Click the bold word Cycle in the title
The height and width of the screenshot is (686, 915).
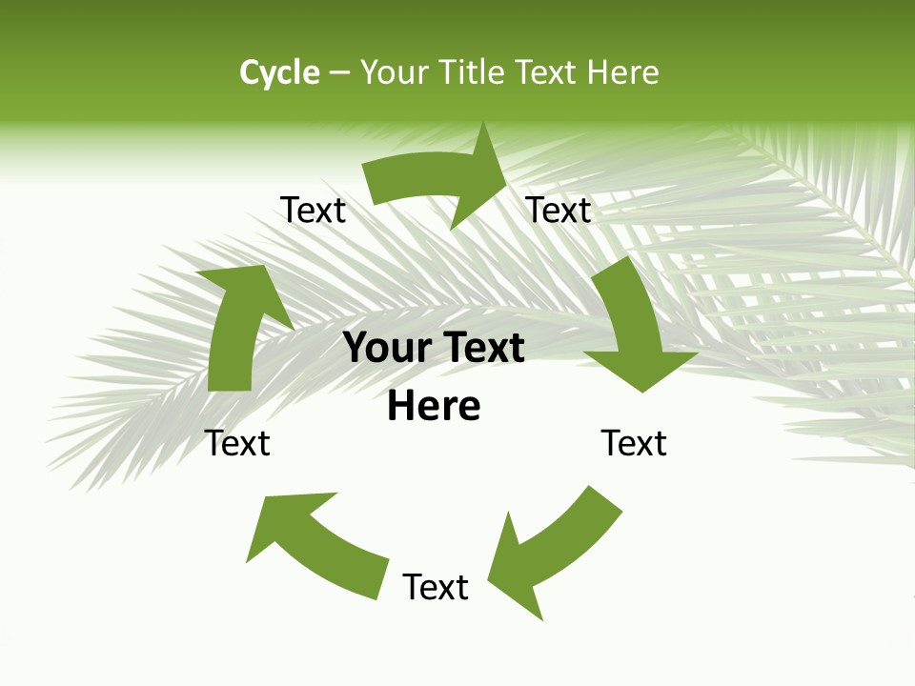279,72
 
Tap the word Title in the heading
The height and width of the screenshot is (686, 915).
471,72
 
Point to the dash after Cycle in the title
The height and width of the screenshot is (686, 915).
339,73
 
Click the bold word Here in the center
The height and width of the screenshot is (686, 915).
434,407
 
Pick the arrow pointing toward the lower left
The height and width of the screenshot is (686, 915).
553,553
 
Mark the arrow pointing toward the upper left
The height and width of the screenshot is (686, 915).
315,538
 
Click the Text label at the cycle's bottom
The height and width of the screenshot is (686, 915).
436,587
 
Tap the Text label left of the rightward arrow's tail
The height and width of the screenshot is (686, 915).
313,210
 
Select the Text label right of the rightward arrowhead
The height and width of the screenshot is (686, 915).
559,210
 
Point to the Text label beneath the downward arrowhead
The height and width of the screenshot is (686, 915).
634,443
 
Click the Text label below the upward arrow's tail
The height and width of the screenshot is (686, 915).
237,443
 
